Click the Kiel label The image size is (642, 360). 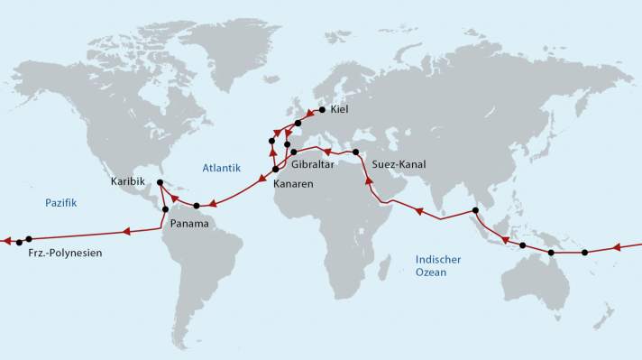339,110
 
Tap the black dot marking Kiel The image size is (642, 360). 322,110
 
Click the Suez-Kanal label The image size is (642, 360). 398,165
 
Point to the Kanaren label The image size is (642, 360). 294,183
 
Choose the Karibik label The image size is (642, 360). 127,181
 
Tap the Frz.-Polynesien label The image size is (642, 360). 60,254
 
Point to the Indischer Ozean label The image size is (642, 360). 438,265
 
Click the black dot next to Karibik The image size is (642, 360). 160,183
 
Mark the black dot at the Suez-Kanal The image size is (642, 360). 356,152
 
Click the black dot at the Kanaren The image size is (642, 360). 275,170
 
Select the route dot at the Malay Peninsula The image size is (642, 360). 475,211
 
